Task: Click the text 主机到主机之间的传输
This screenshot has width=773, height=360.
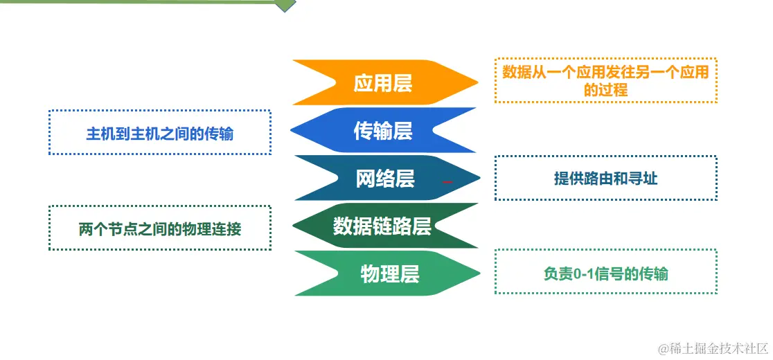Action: coord(159,134)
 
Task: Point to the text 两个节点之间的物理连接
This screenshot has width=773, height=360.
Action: coord(159,228)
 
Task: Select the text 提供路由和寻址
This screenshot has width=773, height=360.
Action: coord(605,179)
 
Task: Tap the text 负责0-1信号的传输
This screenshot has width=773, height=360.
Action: coord(605,273)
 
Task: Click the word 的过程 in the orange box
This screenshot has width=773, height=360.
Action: coord(605,90)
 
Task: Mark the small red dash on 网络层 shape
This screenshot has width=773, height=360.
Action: coord(447,181)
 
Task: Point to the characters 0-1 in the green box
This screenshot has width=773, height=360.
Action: coord(585,273)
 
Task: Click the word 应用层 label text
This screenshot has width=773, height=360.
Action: coord(383,83)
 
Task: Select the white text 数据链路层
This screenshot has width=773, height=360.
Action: coord(382,226)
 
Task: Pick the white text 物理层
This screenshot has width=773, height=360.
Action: coord(390,273)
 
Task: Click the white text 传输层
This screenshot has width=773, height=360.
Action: coord(383,130)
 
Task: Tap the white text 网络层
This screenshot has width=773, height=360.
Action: coord(385,178)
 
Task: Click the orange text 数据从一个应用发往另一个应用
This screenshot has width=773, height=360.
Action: coord(605,72)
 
